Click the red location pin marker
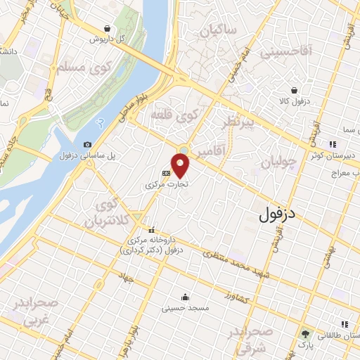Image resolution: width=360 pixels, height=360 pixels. click(181, 165)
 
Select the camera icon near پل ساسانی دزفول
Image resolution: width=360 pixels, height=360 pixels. click(86, 144)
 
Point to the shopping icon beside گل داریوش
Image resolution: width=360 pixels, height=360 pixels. click(106, 29)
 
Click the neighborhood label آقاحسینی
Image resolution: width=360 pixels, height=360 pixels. click(281, 51)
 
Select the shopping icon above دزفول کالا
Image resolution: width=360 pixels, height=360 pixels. click(295, 90)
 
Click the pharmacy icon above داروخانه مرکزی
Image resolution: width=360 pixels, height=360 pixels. click(151, 230)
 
